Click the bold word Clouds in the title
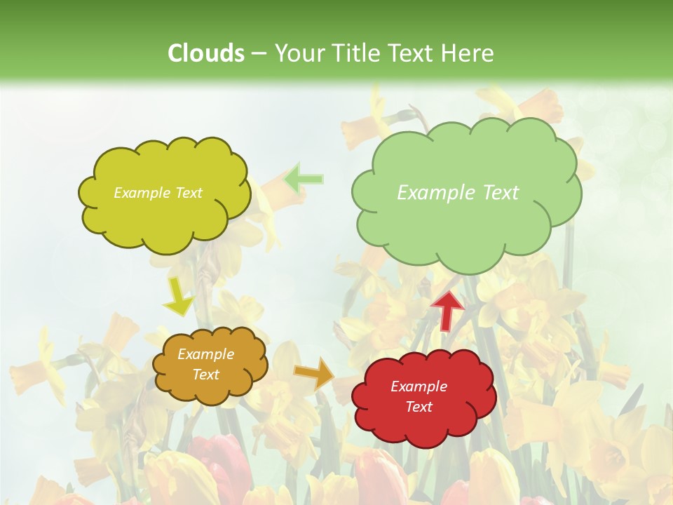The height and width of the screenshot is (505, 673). [x=206, y=53]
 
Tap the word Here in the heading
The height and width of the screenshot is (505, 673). [x=468, y=53]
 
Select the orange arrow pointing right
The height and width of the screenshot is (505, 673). [x=313, y=373]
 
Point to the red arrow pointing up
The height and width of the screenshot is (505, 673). [x=447, y=310]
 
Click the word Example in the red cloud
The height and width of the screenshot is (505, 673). [x=419, y=386]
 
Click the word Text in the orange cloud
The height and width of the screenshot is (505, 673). [x=205, y=375]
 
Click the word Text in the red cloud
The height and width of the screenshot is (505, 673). [x=419, y=407]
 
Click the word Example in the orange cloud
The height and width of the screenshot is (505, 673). [x=205, y=354]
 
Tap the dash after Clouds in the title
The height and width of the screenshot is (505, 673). [x=258, y=54]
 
